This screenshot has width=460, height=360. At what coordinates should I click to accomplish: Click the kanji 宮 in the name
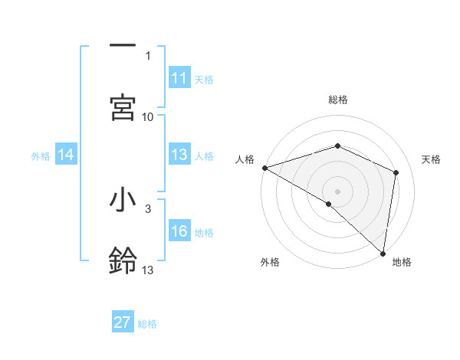(123, 107)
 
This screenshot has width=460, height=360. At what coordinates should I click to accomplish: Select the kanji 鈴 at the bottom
(123, 260)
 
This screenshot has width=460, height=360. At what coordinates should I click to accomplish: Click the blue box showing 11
(179, 78)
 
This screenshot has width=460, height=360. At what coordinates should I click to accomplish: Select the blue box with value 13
(179, 155)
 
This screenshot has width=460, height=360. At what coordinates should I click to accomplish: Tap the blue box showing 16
(179, 231)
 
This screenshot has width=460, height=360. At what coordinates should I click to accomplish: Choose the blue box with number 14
(66, 155)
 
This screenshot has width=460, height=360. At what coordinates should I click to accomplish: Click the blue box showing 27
(123, 322)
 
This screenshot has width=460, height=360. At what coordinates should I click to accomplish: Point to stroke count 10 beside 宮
(148, 116)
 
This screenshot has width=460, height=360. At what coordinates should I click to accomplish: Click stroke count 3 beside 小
(148, 208)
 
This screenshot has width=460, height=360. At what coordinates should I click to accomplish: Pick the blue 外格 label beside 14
(41, 155)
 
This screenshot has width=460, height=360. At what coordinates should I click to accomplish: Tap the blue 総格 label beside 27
(147, 323)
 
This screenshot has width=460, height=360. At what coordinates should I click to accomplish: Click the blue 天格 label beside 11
(204, 79)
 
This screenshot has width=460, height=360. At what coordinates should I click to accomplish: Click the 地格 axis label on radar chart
(402, 262)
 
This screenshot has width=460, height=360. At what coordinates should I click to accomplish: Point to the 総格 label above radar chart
(338, 100)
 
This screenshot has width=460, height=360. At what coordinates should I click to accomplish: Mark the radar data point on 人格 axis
(264, 168)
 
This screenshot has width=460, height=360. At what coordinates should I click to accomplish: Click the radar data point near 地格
(383, 253)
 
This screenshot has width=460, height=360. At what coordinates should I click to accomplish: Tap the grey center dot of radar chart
(337, 191)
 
